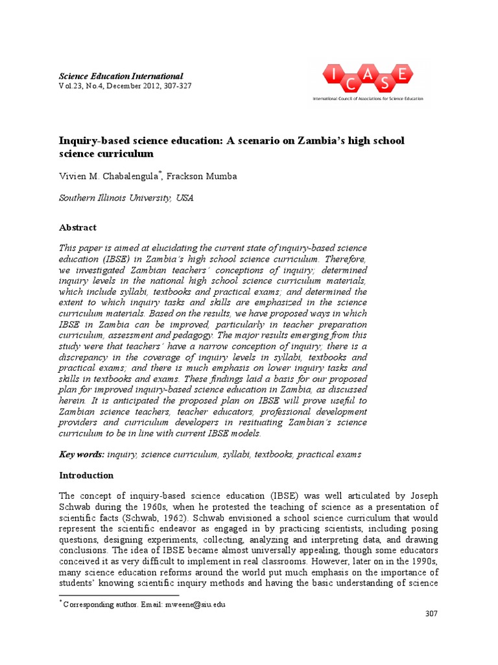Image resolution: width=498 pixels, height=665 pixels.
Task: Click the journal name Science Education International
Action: (x=121, y=76)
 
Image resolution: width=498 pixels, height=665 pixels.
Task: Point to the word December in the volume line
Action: (x=124, y=86)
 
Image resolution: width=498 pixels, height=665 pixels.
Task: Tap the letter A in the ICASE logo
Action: (x=367, y=77)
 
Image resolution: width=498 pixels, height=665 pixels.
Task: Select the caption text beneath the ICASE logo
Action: (x=368, y=99)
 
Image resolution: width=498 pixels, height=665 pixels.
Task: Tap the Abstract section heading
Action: (x=77, y=227)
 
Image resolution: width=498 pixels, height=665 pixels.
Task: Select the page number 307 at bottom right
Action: (x=431, y=614)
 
